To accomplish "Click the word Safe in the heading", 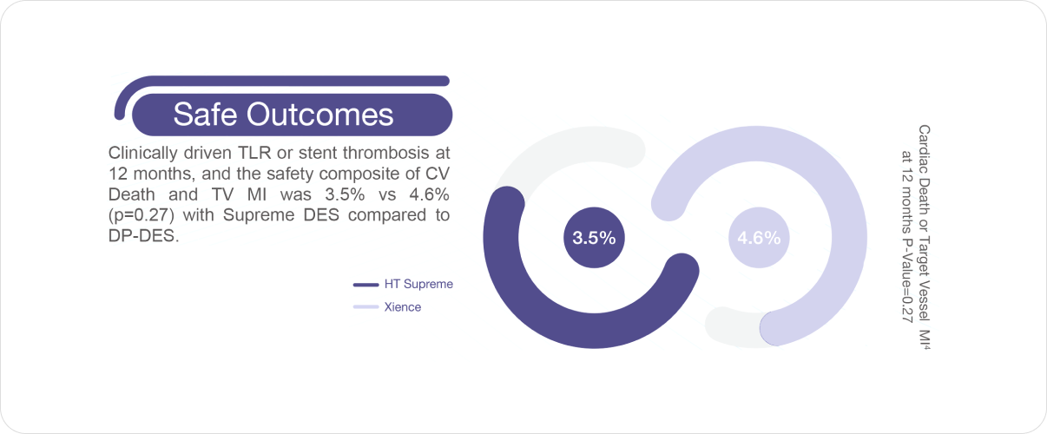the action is click(205, 114).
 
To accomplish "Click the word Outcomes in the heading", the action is click(320, 114).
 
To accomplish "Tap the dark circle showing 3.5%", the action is click(594, 238).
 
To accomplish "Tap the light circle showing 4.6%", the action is click(759, 238).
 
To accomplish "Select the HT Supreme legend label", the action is click(418, 284).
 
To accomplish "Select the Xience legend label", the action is click(403, 307).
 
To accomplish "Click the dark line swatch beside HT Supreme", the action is click(366, 285).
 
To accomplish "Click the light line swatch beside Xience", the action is click(366, 307).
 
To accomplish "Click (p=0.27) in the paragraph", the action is click(142, 215).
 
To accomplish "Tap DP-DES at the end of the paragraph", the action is click(143, 236).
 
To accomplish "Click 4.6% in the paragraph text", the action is click(429, 194).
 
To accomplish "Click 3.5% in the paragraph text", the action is click(345, 194).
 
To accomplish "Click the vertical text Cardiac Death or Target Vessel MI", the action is click(925, 237).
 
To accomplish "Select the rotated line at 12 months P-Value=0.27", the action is click(906, 236).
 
